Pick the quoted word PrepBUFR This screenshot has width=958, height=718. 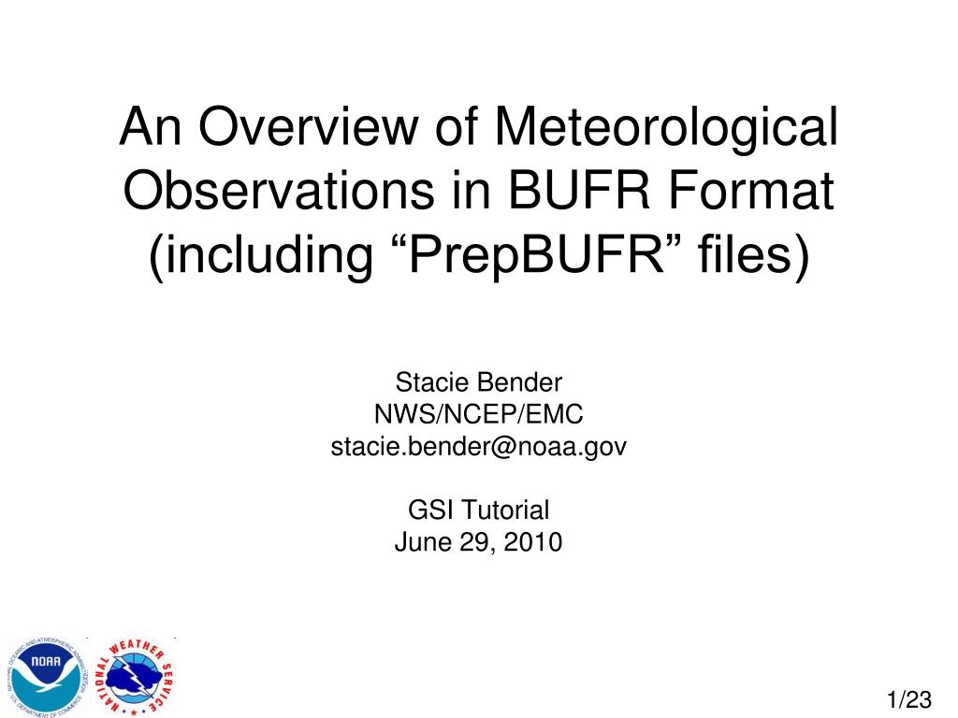coord(525,255)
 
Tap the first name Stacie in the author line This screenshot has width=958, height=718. coord(434,382)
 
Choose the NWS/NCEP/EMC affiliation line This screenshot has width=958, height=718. coord(478,414)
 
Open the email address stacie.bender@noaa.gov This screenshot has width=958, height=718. coord(478,447)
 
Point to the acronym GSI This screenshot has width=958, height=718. coord(427,510)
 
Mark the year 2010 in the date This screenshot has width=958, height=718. coord(535,542)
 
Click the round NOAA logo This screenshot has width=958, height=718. coord(46,675)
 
